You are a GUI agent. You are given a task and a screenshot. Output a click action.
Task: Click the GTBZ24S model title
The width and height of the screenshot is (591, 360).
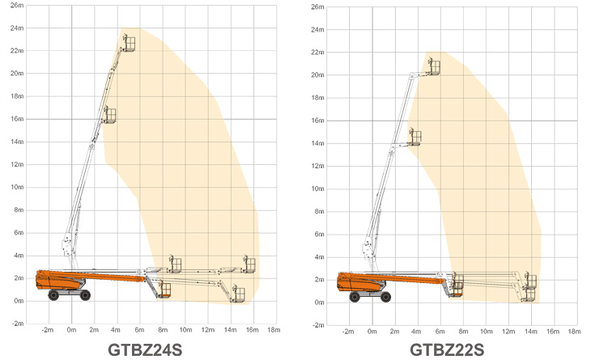click(x=145, y=349)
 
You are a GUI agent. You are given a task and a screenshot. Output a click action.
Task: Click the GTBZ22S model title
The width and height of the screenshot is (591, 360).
click(x=447, y=349)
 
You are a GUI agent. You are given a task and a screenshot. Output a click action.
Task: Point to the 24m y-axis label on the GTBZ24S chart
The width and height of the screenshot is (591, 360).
click(x=17, y=28)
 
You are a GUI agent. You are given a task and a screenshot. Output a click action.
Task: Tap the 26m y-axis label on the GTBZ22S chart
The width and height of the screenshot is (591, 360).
click(x=317, y=6)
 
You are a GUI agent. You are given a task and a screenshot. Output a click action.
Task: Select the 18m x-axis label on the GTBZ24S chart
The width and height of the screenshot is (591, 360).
click(x=274, y=330)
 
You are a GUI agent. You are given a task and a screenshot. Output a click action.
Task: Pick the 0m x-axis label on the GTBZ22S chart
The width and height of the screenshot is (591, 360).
click(x=372, y=332)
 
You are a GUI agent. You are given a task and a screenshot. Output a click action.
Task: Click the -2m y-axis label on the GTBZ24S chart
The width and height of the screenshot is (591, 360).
click(x=18, y=324)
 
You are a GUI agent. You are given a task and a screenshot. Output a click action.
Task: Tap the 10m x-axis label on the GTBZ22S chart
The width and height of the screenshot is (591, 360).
click(x=486, y=332)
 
